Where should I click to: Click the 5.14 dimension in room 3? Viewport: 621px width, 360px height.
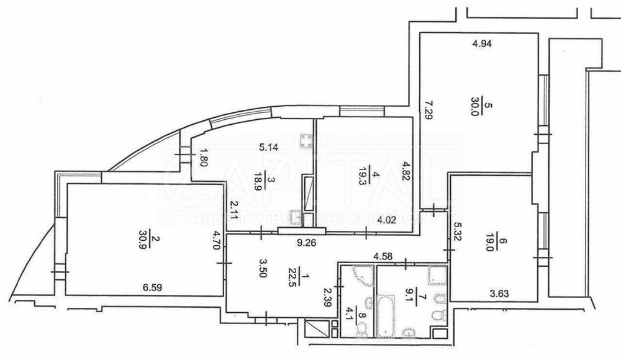[x=270, y=148]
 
